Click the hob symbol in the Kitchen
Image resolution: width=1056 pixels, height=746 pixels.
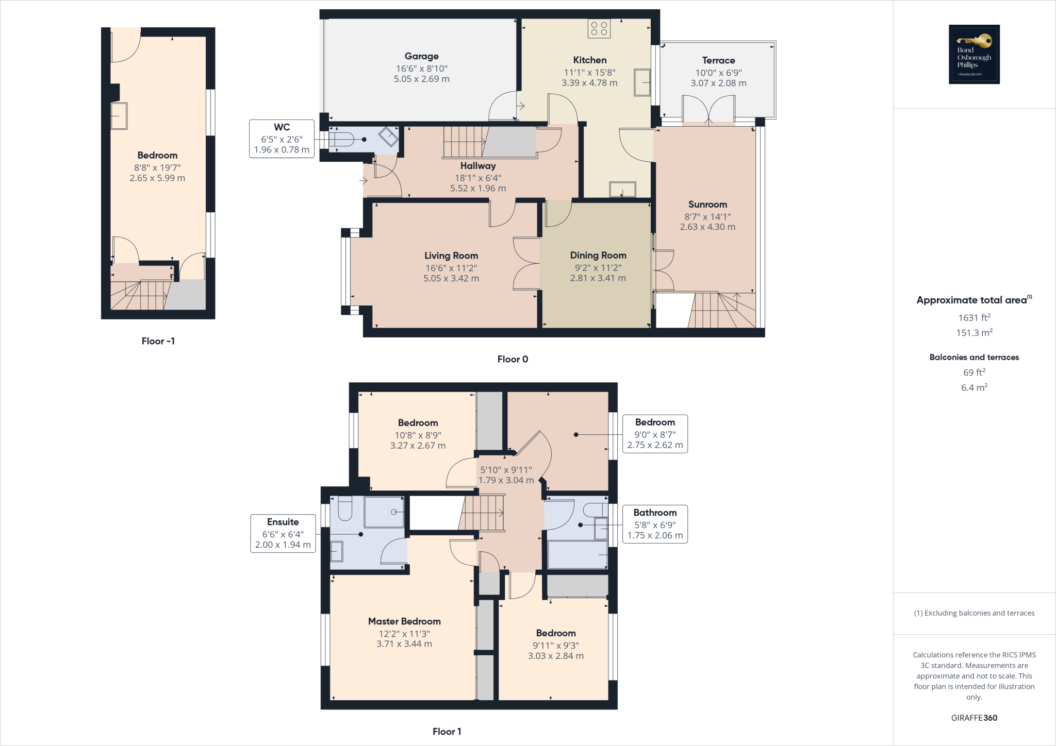point(599,28)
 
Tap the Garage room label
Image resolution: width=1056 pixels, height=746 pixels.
point(421,56)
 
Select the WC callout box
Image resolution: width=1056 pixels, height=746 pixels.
point(282,139)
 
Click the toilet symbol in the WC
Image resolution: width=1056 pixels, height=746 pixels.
point(342,139)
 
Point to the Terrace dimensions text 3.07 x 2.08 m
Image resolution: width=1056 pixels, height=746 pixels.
point(718,83)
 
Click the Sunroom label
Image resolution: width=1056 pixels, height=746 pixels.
point(707,205)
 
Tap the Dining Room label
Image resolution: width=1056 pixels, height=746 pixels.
point(598,255)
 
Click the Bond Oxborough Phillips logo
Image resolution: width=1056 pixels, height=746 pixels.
point(974,54)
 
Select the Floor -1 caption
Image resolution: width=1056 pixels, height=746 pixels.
point(158,341)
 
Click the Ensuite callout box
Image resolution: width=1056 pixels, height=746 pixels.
point(283,534)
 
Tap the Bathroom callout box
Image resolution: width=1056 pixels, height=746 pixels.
point(655,524)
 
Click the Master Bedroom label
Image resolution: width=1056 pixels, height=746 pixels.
point(404,621)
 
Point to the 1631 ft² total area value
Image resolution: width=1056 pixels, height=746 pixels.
point(974,318)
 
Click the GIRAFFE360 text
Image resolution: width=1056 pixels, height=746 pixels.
point(974,718)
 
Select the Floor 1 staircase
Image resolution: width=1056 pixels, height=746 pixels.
point(482,513)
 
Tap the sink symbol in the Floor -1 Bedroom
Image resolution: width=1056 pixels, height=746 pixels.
point(119,116)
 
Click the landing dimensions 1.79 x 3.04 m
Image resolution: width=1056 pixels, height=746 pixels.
point(506,480)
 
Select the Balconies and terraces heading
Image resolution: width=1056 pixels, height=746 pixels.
point(974,357)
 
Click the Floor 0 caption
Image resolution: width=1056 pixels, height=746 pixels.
point(513,359)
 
